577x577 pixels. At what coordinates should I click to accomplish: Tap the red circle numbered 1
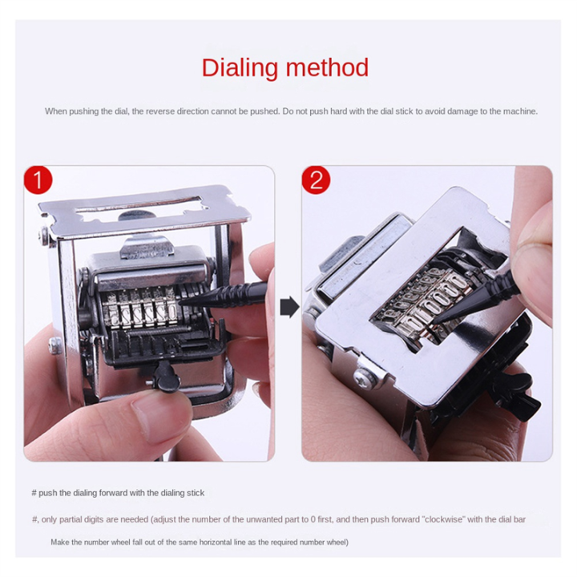point(38,180)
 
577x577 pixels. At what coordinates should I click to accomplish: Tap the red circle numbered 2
point(316,180)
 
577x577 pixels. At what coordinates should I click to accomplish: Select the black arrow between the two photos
point(288,307)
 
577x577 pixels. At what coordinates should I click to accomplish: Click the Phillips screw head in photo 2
point(365,373)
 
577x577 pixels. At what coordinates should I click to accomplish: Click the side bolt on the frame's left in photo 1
point(54,346)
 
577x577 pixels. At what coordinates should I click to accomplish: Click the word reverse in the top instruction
point(164,111)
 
